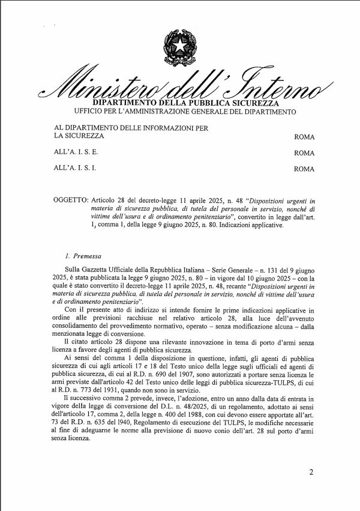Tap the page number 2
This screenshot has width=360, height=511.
[x=311, y=471]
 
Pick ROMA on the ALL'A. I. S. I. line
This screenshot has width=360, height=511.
[x=304, y=169]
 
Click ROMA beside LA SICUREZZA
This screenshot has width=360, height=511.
[x=304, y=137]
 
